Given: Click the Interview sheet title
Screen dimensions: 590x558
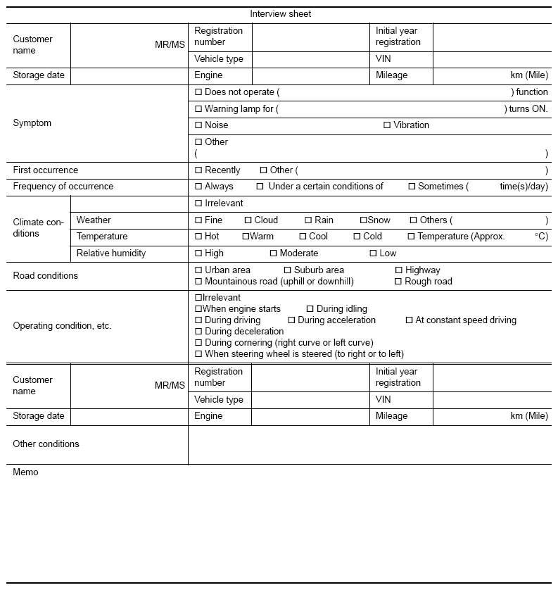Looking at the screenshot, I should pos(280,14).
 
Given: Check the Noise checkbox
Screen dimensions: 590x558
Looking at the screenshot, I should pos(198,125).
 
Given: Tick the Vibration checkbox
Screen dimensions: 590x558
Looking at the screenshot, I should pos(387,125).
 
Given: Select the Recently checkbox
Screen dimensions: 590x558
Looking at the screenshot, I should pos(198,170).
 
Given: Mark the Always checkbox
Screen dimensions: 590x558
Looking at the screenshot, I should pos(198,187).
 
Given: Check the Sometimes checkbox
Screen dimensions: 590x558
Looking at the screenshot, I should pos(412,187).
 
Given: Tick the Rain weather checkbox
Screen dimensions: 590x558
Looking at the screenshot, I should pos(308,220).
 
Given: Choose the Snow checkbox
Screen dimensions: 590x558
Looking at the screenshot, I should pos(364,220).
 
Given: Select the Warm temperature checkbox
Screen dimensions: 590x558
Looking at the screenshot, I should pos(246,237).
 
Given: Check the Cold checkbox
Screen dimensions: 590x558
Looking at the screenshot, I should pos(357,237).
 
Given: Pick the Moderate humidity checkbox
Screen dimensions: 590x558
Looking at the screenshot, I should pos(273,253).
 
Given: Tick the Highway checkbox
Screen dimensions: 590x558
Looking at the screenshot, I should pos(399,270).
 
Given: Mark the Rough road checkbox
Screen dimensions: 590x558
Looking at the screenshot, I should pos(398,282).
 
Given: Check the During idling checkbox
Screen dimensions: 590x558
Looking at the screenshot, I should pos(310,309).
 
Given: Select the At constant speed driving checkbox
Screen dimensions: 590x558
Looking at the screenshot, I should pos(409,320).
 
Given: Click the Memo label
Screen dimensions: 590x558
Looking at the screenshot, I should pos(25,472).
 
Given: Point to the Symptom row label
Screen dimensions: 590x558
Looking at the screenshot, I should pos(32,123).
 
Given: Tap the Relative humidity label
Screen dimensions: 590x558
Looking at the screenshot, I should pos(111,253).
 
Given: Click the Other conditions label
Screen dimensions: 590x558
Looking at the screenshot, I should pos(46,444).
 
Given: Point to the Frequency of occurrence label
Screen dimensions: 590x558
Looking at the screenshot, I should pos(63,187).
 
